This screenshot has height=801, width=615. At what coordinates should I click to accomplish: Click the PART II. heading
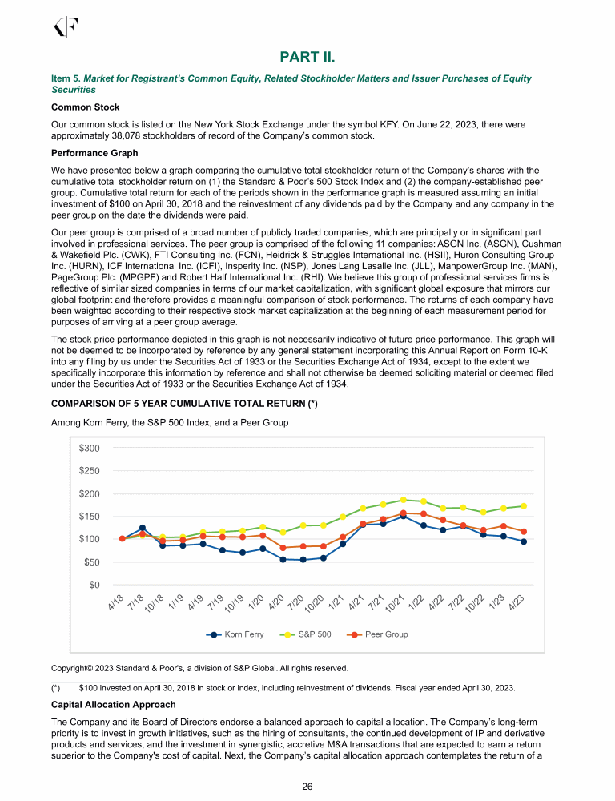307,56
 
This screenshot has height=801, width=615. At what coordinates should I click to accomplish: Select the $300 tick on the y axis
90,448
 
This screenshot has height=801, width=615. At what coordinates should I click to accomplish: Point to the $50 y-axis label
92,562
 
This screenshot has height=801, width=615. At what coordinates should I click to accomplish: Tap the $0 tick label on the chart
95,584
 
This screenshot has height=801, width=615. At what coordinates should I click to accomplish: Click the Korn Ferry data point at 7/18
143,528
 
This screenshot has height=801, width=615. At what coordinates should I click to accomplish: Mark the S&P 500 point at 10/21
404,500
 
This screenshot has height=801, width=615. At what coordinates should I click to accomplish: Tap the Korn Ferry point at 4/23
524,541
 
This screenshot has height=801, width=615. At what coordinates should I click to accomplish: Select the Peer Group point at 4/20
283,548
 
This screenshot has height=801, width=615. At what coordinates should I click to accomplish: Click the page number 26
307,787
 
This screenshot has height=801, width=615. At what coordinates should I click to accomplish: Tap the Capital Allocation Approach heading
113,705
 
